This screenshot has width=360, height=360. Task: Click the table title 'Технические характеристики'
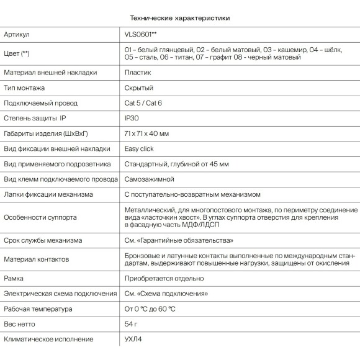coord(179,18)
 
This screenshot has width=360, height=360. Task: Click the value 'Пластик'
coord(137,73)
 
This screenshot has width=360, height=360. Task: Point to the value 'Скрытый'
coord(139,88)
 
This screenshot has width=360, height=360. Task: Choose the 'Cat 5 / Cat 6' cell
coord(143,103)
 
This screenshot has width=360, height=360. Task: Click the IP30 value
coord(133,118)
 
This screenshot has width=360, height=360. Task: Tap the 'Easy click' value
coord(139,149)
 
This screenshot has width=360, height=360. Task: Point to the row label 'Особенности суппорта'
coord(40,218)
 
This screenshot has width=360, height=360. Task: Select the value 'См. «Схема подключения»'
coord(166,294)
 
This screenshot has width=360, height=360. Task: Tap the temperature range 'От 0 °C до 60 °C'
coord(150,309)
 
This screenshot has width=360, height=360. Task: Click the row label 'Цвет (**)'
coord(17,53)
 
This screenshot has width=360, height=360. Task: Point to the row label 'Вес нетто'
coord(19,324)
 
